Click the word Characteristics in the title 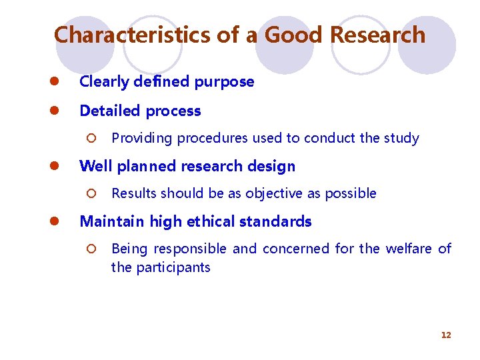coord(132,35)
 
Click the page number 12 coord(446,335)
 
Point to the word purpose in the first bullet coord(224,82)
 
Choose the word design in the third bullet coord(272,166)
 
